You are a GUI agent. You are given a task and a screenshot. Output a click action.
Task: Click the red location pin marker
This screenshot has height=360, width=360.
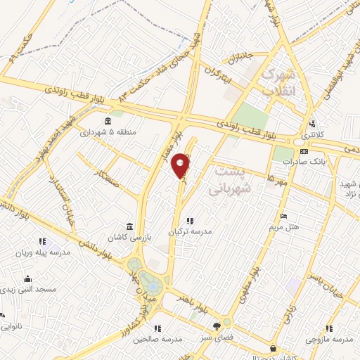181,164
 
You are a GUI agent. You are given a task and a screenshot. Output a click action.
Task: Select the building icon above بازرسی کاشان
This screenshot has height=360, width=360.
130,226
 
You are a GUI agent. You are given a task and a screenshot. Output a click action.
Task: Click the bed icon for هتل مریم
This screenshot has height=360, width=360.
283,216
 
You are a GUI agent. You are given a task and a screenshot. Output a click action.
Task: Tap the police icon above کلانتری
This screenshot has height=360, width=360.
311,124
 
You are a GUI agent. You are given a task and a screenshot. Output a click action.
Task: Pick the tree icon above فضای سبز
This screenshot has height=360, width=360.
217,326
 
